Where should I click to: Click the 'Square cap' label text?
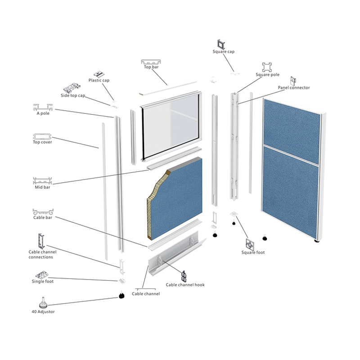coord(224,52)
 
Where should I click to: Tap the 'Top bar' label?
coord(151,67)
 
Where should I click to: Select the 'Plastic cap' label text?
coord(99,81)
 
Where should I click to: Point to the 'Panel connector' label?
coord(294,88)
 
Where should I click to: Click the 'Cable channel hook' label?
coord(185,285)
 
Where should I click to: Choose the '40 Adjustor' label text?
coord(43,311)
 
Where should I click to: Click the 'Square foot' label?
coord(253,252)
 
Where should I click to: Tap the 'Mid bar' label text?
coord(43,187)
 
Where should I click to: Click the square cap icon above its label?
coord(221,44)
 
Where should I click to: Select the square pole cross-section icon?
coord(268,67)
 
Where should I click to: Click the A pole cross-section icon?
coord(43,108)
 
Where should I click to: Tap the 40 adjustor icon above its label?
coord(43,302)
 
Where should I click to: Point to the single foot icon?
coord(43,274)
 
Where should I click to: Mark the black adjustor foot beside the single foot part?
coord(121,296)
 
